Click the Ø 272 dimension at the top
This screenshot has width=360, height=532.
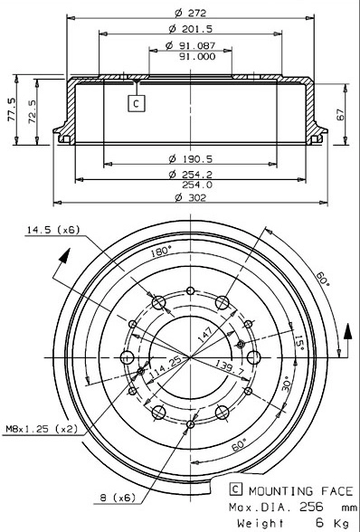pyautogui.click(x=187, y=13)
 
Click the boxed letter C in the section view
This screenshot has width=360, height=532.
pyautogui.click(x=136, y=103)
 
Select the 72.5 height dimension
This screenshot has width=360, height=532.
pyautogui.click(x=33, y=115)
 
